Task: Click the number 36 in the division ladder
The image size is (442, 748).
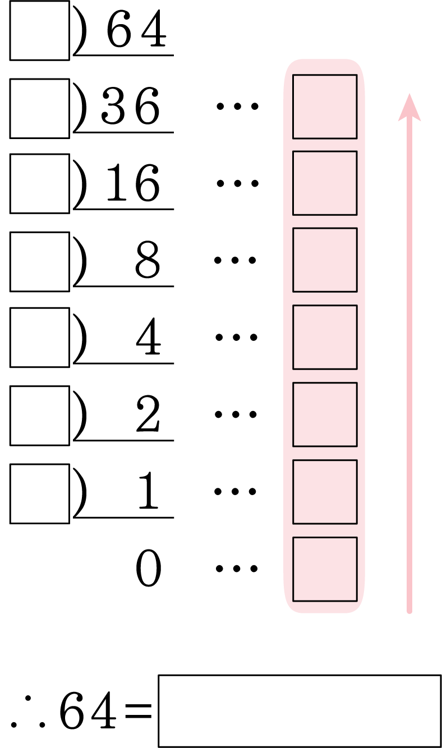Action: [130, 105]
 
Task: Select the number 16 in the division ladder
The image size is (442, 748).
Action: [133, 183]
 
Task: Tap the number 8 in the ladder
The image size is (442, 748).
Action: [148, 260]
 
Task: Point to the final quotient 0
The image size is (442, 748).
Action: [148, 569]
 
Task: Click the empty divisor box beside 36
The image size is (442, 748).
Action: [40, 109]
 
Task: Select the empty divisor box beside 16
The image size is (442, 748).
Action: [40, 184]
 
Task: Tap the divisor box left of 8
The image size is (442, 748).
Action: [40, 262]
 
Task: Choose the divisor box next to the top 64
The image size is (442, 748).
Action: [40, 30]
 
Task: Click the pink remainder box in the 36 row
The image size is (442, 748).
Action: [325, 107]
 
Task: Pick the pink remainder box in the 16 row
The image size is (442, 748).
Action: [325, 183]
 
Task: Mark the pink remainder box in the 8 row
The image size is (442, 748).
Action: [325, 260]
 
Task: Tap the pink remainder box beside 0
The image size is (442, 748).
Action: [325, 569]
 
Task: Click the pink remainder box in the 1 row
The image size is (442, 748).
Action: [325, 492]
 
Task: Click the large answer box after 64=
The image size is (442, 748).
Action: [300, 711]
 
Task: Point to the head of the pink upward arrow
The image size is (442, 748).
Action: [409, 94]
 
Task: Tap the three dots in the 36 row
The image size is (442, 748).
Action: [237, 107]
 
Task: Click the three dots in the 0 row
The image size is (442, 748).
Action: [237, 569]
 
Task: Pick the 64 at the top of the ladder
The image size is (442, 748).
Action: [136, 28]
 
